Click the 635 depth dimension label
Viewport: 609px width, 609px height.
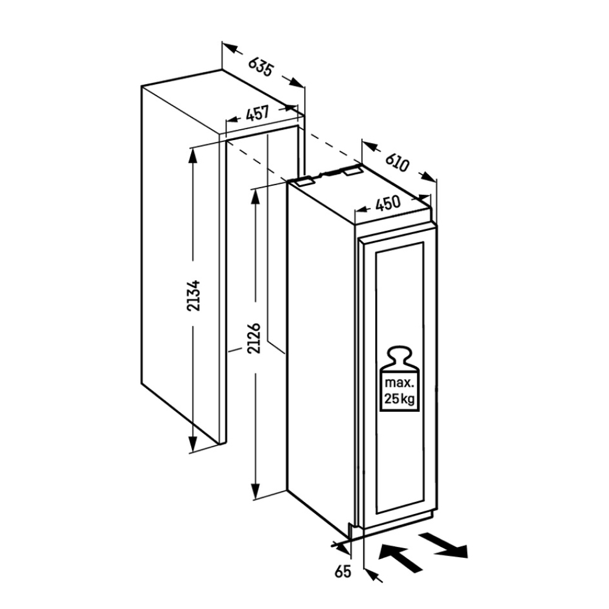[x=261, y=67]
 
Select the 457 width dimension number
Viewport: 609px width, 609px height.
[x=257, y=113]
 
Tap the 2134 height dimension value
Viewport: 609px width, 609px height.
[x=194, y=295]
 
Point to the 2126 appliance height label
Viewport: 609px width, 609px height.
[x=254, y=338]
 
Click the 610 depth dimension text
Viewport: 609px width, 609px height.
[x=397, y=163]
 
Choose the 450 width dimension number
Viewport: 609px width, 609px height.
[x=388, y=203]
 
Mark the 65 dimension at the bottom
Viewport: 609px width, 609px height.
[x=342, y=571]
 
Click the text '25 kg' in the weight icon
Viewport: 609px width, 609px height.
[x=400, y=399]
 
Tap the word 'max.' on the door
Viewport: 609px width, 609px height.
[x=399, y=383]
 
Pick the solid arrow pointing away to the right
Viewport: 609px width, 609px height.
[x=445, y=545]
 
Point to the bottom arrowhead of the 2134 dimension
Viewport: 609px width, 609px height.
[x=193, y=443]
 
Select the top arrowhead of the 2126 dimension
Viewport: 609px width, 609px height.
[x=255, y=197]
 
